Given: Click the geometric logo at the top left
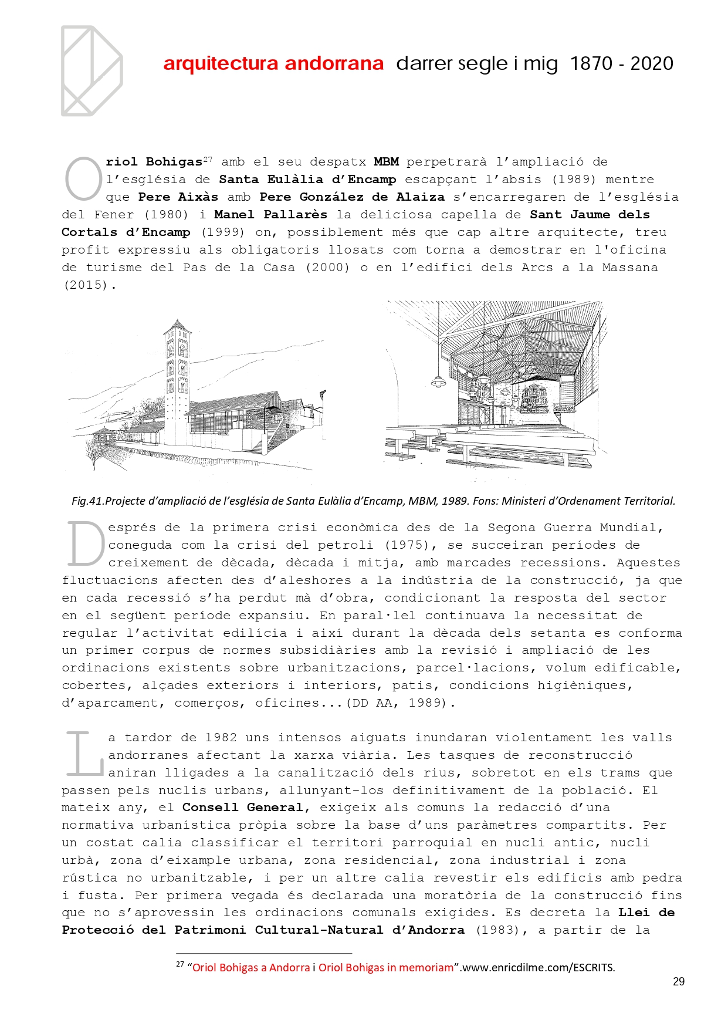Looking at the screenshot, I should tap(92, 70).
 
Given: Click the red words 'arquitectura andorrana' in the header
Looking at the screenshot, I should tap(273, 63).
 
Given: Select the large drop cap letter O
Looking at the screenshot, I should tap(83, 179).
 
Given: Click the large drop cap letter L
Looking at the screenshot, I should tap(84, 754).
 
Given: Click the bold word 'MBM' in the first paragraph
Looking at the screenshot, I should tap(386, 162).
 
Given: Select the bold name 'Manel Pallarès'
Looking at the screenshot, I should tap(270, 215).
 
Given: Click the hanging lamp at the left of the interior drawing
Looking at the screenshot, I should tap(438, 381).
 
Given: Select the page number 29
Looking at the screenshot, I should tap(679, 981).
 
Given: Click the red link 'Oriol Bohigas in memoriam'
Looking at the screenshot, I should tap(386, 968).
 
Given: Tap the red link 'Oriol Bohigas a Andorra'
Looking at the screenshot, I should tap(251, 968).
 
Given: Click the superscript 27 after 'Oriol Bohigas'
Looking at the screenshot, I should tap(208, 160).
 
